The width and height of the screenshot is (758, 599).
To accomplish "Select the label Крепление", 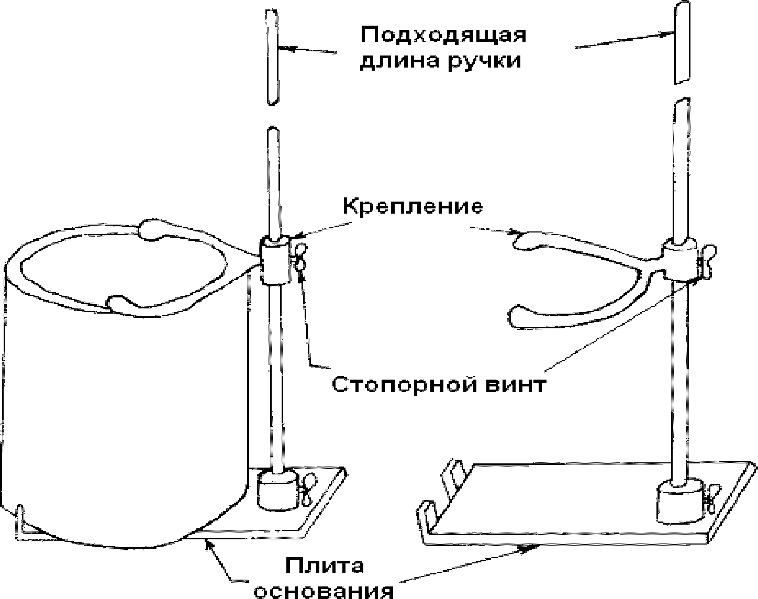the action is tap(413, 206).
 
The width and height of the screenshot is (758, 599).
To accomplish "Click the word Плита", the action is tap(325, 567).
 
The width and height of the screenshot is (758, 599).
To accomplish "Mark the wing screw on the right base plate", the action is tap(710, 498).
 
